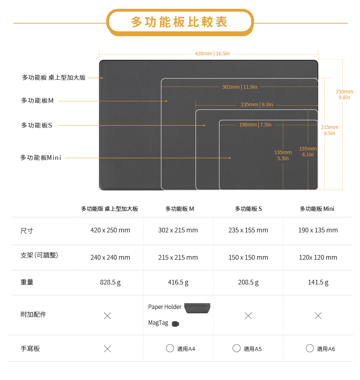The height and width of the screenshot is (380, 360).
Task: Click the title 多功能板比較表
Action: point(179,22)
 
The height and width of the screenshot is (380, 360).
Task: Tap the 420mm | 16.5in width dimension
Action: point(212,54)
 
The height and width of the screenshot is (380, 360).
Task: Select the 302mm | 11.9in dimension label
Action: point(240,87)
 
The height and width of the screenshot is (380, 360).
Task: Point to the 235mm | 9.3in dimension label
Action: point(257,105)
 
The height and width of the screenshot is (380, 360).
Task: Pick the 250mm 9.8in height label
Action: point(344,94)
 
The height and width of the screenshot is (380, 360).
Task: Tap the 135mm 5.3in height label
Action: point(283,155)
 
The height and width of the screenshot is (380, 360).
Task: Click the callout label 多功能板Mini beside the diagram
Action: point(41,158)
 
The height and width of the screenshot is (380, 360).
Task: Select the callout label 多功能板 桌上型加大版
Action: point(54,78)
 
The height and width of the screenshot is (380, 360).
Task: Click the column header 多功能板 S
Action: point(248,209)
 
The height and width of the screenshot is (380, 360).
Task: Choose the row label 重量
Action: point(27,282)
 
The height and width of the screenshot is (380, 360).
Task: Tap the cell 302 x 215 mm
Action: point(178,230)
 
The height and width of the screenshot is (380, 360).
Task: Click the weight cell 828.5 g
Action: point(110,282)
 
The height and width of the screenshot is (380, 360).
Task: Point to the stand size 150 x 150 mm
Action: point(248,257)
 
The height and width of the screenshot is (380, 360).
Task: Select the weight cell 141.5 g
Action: point(318,282)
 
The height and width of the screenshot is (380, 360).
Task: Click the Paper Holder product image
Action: point(197,308)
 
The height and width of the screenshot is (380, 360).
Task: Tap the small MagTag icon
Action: point(176,324)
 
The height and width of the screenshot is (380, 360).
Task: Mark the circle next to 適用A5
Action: point(236,348)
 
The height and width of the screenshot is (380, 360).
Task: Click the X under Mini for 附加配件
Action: point(318,316)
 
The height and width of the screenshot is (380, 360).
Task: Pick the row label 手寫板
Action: point(30,348)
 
